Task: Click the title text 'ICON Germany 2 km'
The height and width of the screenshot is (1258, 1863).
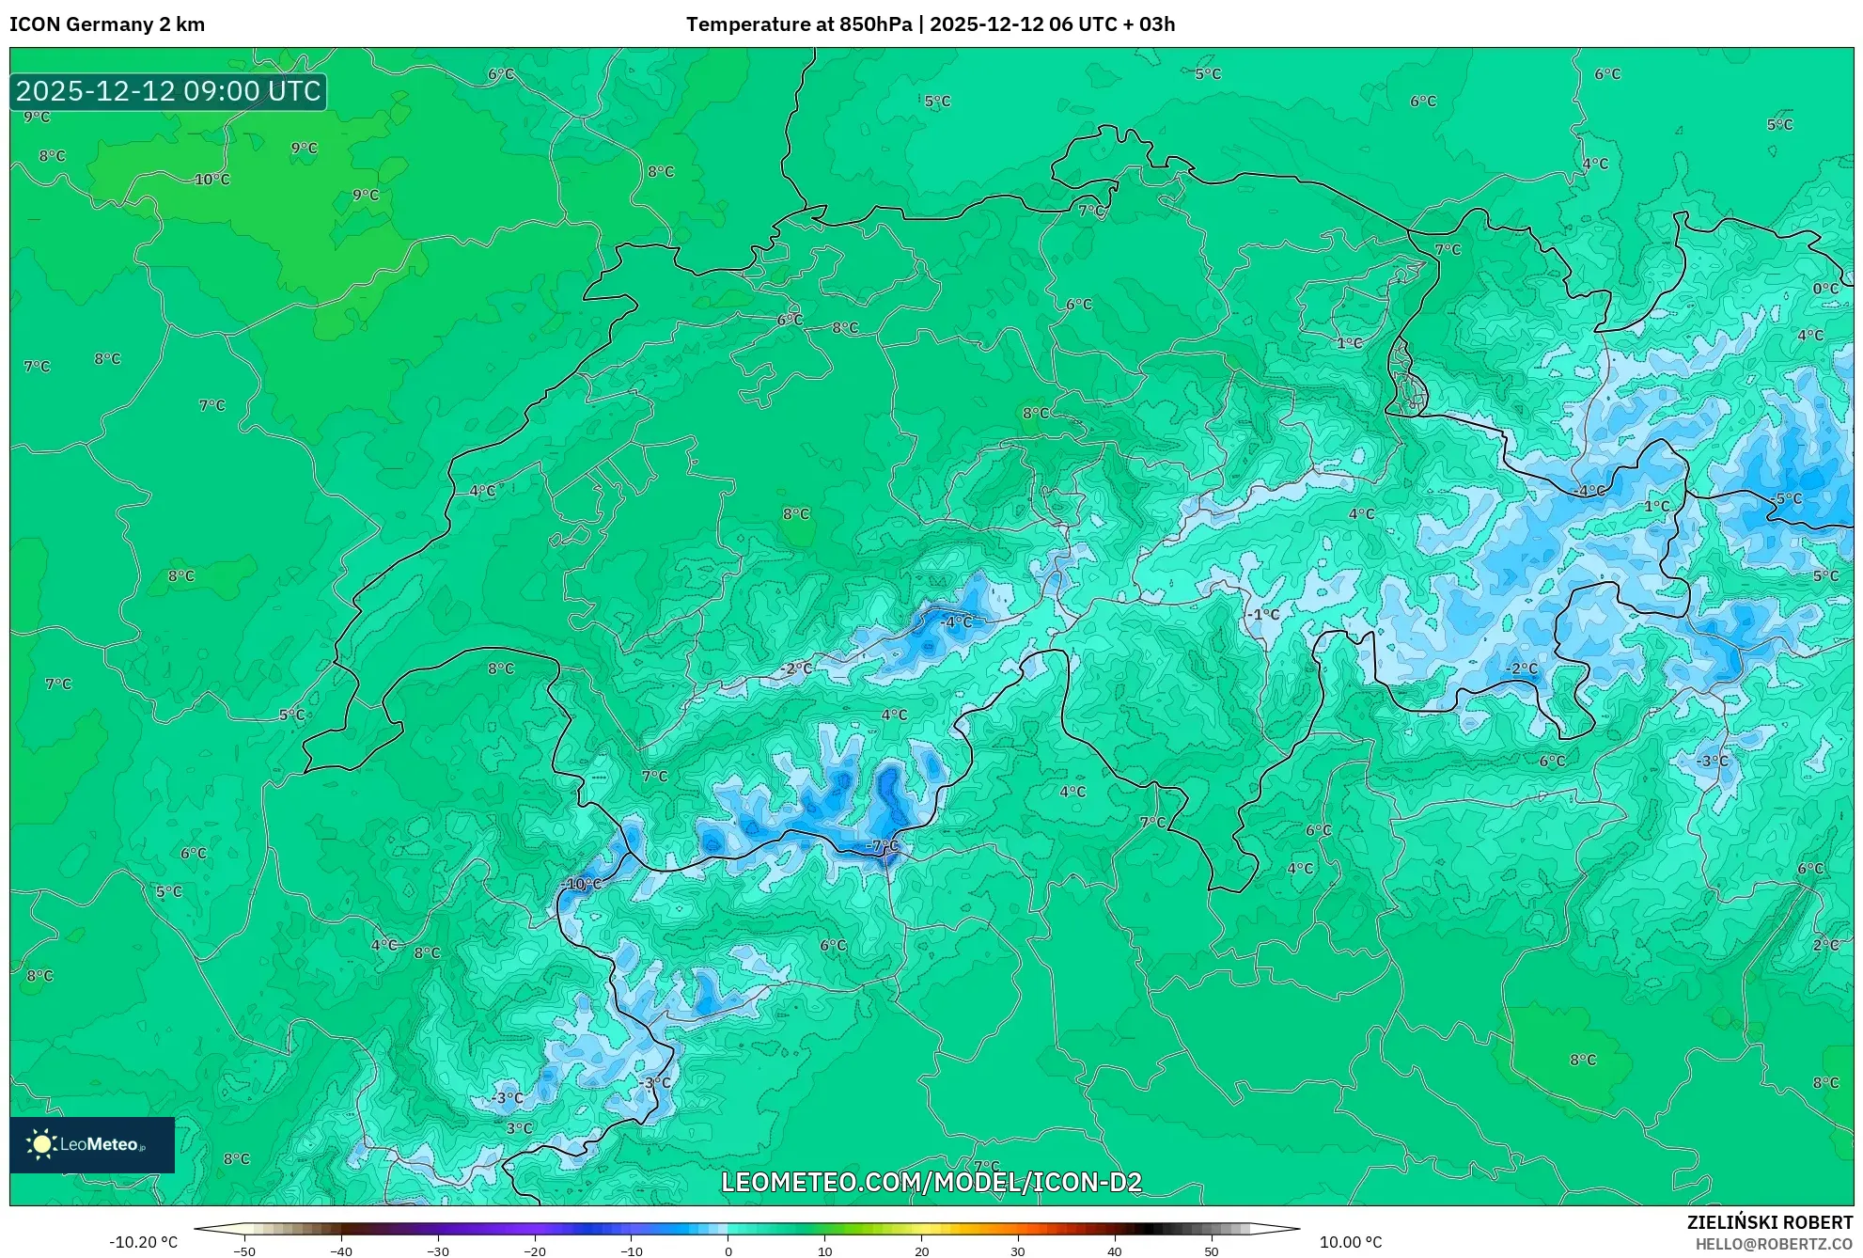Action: (x=107, y=24)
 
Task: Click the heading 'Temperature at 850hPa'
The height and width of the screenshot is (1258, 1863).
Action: (x=798, y=24)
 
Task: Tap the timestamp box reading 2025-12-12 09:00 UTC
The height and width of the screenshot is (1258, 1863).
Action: (x=168, y=91)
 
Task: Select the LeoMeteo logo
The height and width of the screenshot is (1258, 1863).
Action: (x=92, y=1144)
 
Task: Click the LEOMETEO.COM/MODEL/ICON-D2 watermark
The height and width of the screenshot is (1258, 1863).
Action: (x=931, y=1182)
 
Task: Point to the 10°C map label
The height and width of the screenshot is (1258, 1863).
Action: (x=211, y=180)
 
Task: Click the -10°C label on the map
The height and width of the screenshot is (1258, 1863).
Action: (x=582, y=884)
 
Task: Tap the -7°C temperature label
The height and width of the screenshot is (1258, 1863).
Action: (x=883, y=845)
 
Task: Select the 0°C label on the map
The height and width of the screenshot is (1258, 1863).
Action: (x=1825, y=289)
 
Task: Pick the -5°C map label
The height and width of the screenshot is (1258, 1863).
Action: (x=1787, y=498)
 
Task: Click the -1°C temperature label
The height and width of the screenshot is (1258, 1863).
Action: (x=1264, y=614)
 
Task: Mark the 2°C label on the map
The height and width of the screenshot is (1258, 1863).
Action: (x=1825, y=945)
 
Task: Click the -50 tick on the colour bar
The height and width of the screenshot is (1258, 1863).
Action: (x=244, y=1250)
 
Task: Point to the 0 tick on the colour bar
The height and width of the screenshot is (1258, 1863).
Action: (x=728, y=1250)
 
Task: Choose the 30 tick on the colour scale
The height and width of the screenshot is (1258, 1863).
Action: (x=1018, y=1250)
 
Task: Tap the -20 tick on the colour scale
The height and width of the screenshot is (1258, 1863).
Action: (x=534, y=1250)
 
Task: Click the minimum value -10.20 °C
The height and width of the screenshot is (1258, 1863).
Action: (x=143, y=1242)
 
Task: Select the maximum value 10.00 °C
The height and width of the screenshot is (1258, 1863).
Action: (x=1351, y=1242)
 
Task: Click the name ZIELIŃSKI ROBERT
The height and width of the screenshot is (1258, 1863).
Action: (x=1769, y=1222)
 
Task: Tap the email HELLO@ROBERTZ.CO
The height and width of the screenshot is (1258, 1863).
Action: (x=1773, y=1244)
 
